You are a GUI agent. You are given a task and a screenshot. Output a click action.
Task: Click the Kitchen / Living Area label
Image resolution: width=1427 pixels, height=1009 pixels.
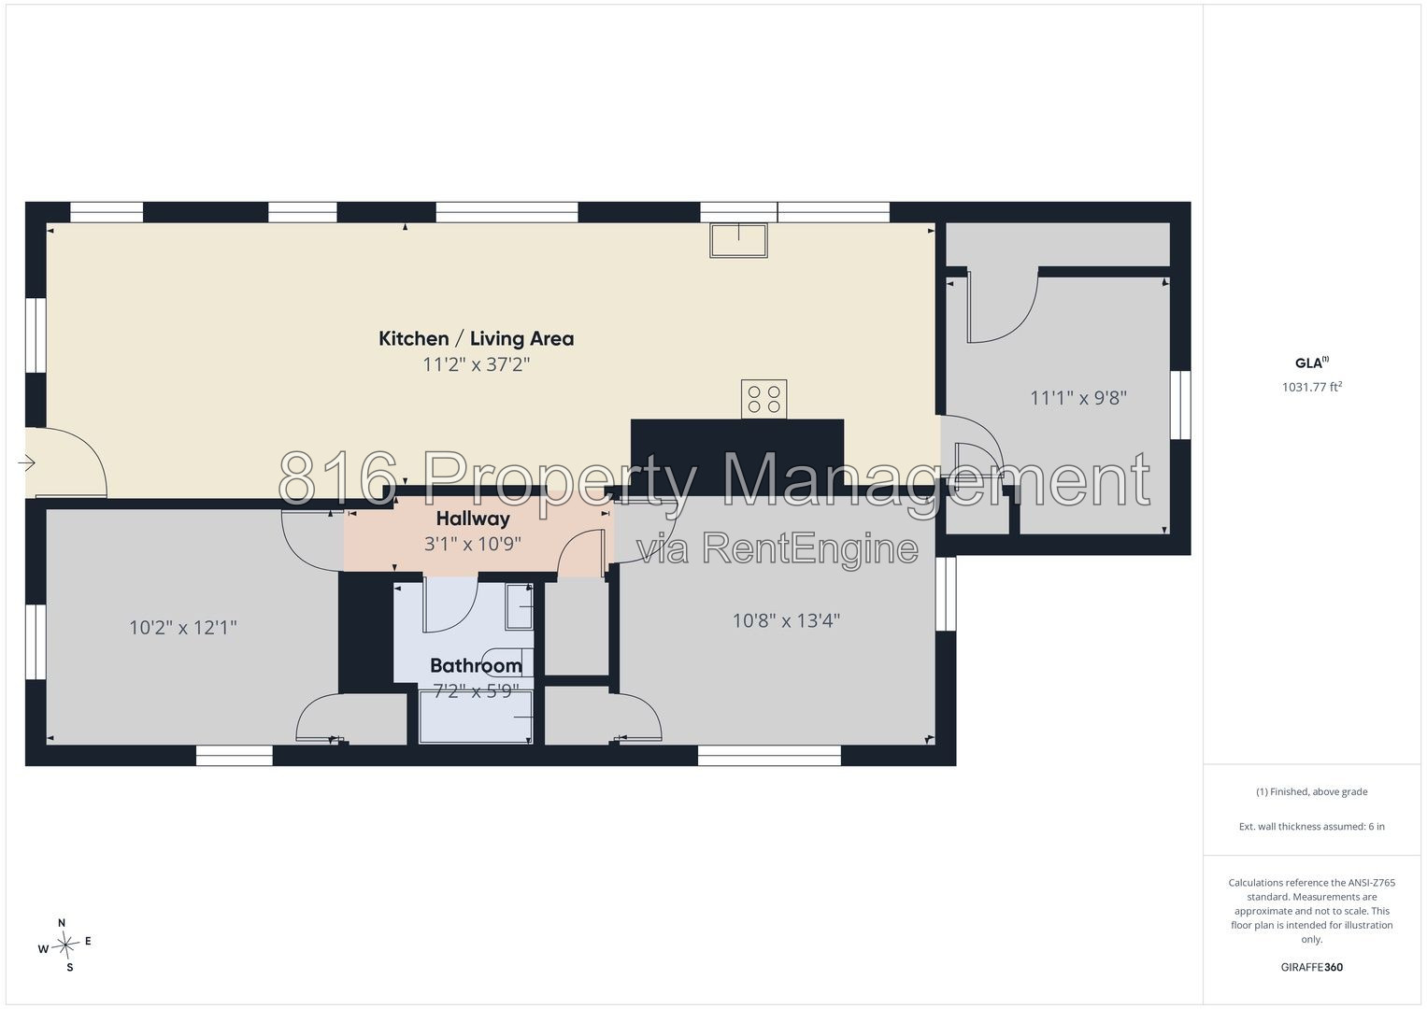(476, 339)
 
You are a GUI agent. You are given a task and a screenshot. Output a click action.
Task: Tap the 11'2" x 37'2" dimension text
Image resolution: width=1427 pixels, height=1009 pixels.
(476, 365)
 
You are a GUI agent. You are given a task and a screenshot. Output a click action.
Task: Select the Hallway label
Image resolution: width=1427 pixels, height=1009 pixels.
(473, 519)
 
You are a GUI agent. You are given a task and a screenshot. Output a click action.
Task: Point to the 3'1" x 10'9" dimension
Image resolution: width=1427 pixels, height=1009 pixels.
(473, 544)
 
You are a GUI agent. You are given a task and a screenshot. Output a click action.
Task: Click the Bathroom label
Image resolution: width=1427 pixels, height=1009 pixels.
(476, 665)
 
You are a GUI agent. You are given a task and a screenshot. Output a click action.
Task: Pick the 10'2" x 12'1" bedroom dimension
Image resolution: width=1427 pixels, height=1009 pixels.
(183, 628)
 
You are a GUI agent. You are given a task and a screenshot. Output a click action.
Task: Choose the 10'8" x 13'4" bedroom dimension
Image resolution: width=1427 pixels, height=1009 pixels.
(786, 620)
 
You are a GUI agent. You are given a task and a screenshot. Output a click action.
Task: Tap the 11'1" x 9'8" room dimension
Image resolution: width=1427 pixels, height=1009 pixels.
(1078, 398)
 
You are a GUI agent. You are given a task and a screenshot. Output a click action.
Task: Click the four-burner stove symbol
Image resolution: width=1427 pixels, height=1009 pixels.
(763, 400)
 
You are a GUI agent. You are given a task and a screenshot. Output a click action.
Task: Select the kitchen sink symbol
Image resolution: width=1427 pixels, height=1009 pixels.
(738, 240)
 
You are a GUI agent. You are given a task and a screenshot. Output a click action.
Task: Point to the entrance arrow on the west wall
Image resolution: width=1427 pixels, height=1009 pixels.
(26, 462)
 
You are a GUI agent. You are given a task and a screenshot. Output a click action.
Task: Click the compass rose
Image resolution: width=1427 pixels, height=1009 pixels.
(65, 945)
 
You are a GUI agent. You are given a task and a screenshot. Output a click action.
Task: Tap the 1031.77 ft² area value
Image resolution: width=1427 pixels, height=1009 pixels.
(1312, 387)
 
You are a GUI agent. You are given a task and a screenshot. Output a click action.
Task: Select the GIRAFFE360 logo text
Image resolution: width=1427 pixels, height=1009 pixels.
(1312, 967)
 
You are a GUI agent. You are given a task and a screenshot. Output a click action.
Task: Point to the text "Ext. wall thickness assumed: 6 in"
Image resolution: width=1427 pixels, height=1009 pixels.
(1312, 826)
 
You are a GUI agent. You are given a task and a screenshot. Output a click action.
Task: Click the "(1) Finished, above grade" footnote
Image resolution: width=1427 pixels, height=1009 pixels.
(1312, 792)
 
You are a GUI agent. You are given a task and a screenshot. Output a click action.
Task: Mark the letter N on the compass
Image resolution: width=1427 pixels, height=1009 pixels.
(62, 923)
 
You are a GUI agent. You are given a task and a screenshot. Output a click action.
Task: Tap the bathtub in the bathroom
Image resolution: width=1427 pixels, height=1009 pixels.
(476, 718)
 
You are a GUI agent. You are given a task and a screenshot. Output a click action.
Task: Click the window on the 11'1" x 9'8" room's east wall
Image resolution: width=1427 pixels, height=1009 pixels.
(1180, 405)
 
